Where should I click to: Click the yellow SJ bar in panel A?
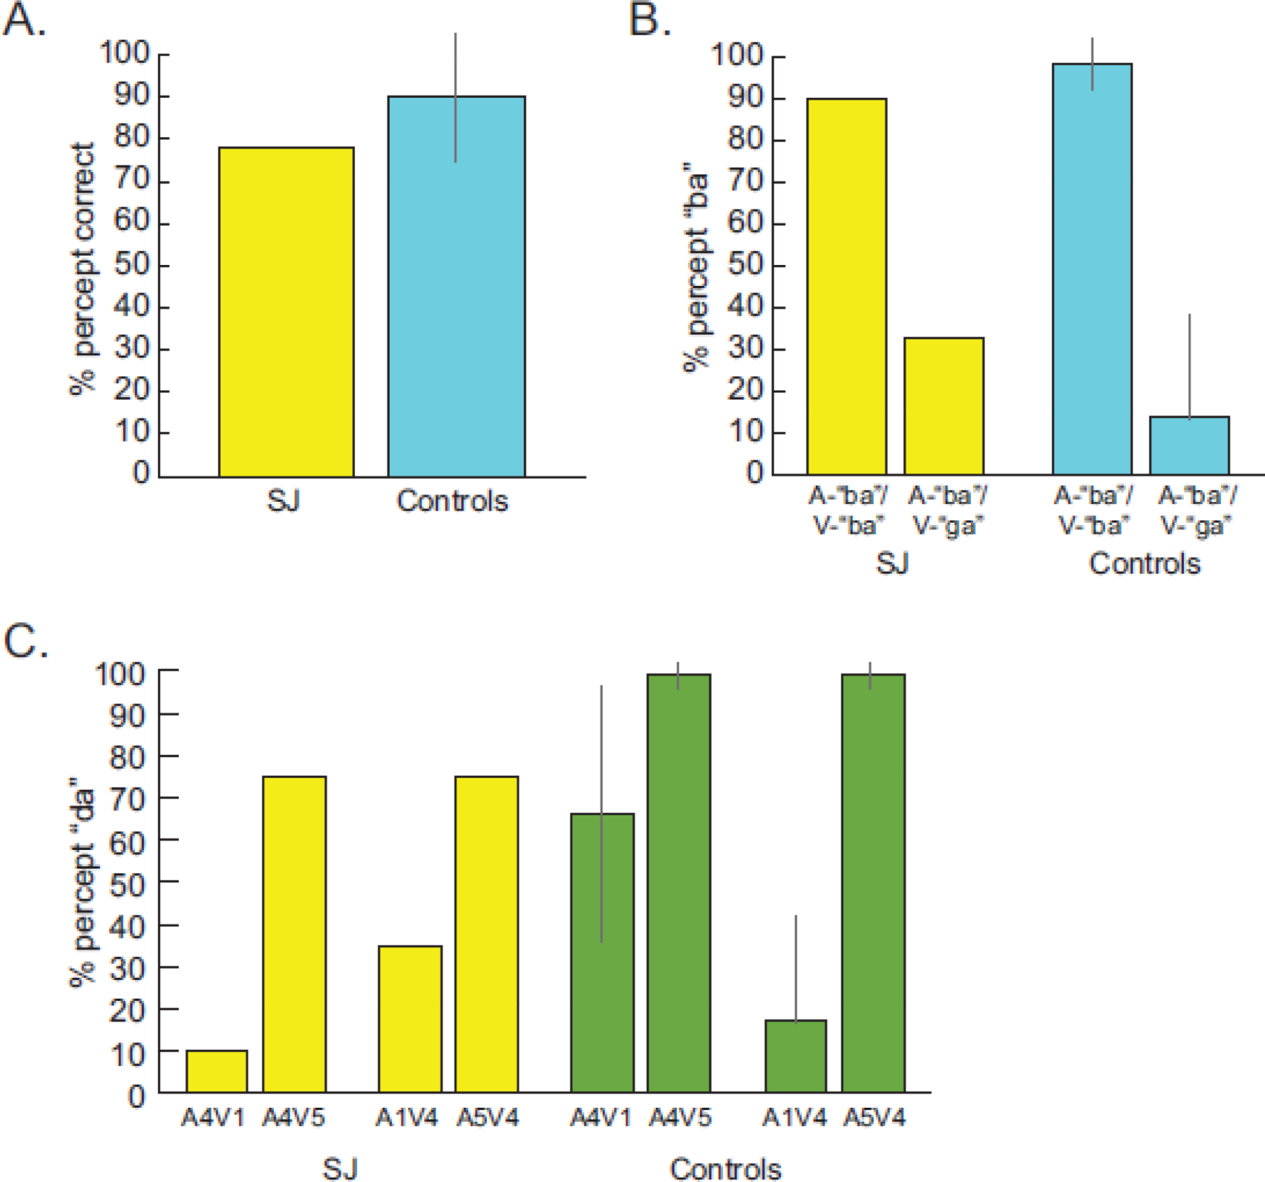point(287,312)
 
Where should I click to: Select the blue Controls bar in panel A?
point(457,297)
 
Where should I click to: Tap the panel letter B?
point(649,21)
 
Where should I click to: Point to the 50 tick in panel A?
point(132,265)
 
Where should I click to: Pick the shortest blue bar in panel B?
point(1189,445)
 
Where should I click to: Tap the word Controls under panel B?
point(1144,564)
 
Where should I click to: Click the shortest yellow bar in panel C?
point(217,1071)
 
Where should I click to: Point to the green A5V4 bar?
point(873,883)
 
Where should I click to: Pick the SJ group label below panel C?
point(340,1169)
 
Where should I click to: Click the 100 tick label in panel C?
point(120,673)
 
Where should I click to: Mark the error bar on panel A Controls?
point(456,97)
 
